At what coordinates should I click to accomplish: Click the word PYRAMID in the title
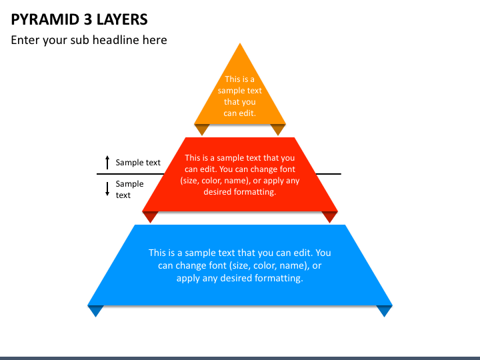(45, 19)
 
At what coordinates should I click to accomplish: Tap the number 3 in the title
(88, 19)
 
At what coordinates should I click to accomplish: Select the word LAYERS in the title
(122, 19)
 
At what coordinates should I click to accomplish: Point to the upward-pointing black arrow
(107, 162)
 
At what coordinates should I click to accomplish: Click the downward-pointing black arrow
(107, 189)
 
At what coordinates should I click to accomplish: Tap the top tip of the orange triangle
(240, 43)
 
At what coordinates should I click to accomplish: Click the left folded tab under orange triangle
(202, 129)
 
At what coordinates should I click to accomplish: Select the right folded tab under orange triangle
(278, 129)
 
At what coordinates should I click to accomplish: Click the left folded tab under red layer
(150, 217)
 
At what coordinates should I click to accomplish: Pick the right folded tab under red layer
(330, 217)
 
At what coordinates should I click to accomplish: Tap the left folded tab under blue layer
(95, 311)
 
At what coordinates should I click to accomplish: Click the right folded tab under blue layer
(385, 311)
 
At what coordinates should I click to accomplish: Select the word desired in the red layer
(217, 192)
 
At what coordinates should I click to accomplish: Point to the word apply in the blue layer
(187, 279)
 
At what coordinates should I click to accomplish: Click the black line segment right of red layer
(329, 174)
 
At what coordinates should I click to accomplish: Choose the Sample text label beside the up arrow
(138, 163)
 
